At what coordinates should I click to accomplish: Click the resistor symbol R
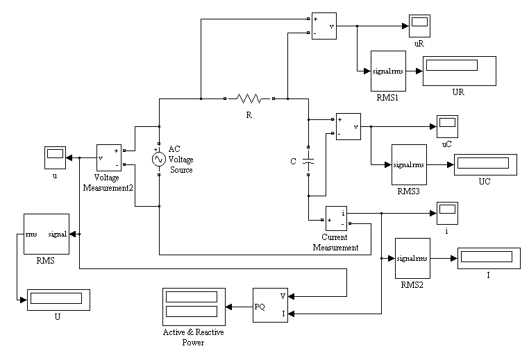pos(249,98)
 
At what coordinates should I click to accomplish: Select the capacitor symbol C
pos(308,161)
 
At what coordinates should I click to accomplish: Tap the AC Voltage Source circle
pos(159,159)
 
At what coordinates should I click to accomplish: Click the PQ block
pos(270,305)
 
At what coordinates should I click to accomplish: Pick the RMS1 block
pos(388,71)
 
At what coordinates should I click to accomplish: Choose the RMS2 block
pos(412,258)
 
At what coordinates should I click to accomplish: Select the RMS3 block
pos(409,165)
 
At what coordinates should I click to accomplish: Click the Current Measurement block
pos(337,218)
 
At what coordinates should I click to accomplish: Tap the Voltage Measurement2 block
pos(109,157)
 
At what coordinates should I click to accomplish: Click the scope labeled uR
pos(420,26)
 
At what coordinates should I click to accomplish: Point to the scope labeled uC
pos(447,126)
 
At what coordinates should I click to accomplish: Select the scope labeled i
pos(447,214)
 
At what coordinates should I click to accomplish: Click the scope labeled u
pos(55,157)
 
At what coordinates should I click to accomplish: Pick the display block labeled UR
pos(460,71)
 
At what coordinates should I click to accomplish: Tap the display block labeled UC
pos(485,165)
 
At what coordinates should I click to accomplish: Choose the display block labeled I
pos(489,258)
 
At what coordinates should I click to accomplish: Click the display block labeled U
pos(58,300)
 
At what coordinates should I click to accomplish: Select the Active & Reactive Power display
pos(194,307)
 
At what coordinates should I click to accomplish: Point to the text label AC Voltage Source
pos(180,160)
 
